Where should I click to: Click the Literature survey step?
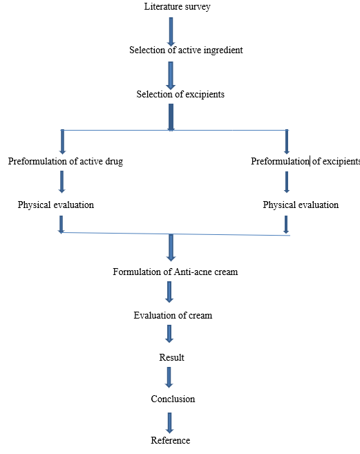(x=178, y=7)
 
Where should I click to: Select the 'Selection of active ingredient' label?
(x=186, y=50)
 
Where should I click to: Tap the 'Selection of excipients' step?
(x=180, y=95)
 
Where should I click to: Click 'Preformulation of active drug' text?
(x=66, y=161)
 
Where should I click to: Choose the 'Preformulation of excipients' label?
(x=305, y=161)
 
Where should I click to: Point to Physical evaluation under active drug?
(x=56, y=205)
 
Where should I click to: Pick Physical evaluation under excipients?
(x=301, y=205)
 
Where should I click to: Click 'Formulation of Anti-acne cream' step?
(x=176, y=272)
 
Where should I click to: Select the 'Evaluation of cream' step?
(x=173, y=315)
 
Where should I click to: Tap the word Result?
(x=172, y=357)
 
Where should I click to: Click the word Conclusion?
(x=173, y=399)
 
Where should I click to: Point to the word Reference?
(x=171, y=440)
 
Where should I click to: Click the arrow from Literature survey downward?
(x=171, y=32)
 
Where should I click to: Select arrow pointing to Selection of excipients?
(x=171, y=75)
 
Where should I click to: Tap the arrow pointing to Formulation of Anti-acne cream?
(x=171, y=247)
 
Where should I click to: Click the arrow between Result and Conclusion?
(x=169, y=377)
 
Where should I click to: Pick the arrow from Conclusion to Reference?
(x=169, y=423)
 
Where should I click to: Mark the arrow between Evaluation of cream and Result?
(x=169, y=334)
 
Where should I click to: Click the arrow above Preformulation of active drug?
(x=62, y=142)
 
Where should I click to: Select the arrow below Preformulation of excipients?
(x=287, y=182)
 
